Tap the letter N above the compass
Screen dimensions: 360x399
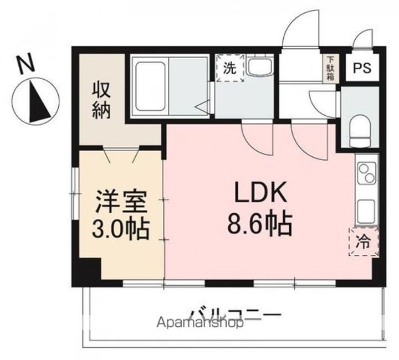[27, 64]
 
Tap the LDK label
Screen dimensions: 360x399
[259, 194]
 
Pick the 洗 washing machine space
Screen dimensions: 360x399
[229, 68]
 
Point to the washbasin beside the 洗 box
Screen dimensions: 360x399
[258, 68]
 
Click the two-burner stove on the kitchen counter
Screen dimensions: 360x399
[367, 173]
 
